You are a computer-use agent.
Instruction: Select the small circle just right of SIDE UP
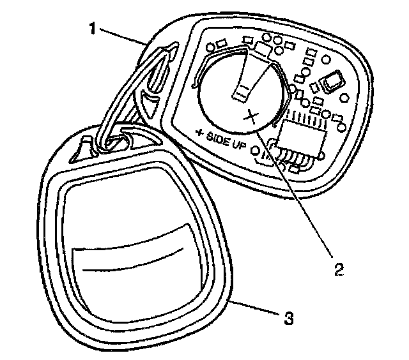coord(256,151)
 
